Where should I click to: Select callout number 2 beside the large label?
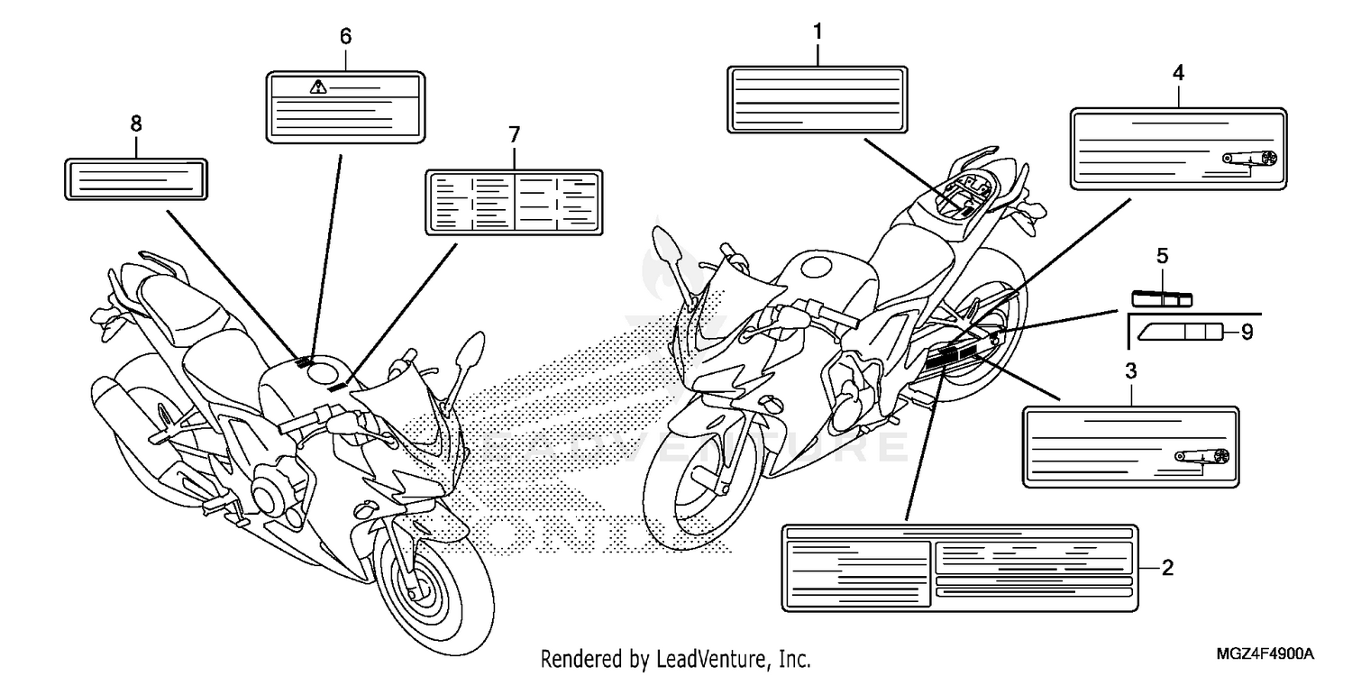(x=1167, y=568)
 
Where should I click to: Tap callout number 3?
(x=1130, y=370)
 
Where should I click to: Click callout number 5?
(x=1162, y=257)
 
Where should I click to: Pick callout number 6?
(x=345, y=37)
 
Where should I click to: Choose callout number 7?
(x=513, y=135)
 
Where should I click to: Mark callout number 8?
(x=136, y=123)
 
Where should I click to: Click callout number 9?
(x=1246, y=333)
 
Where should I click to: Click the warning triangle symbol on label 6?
(x=317, y=87)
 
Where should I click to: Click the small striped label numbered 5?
(x=1162, y=297)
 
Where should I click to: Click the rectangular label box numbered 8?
(x=137, y=178)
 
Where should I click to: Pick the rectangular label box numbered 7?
(x=513, y=203)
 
